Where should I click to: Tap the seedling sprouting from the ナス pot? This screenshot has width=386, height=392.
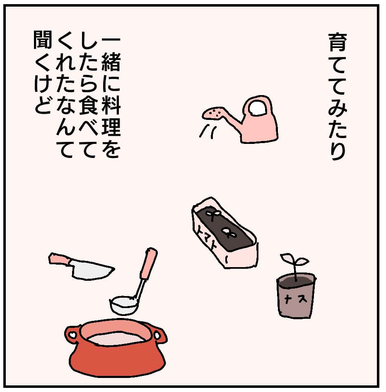[x=295, y=265]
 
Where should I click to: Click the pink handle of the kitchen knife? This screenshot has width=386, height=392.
[x=60, y=259]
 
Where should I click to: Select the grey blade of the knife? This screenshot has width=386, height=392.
[x=92, y=270]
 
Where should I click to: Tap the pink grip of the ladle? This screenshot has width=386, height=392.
[x=149, y=263]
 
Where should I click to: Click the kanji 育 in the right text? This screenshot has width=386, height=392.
[x=338, y=42]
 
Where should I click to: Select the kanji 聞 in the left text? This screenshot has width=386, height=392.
[x=43, y=40]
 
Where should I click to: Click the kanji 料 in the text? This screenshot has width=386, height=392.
[x=111, y=105]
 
